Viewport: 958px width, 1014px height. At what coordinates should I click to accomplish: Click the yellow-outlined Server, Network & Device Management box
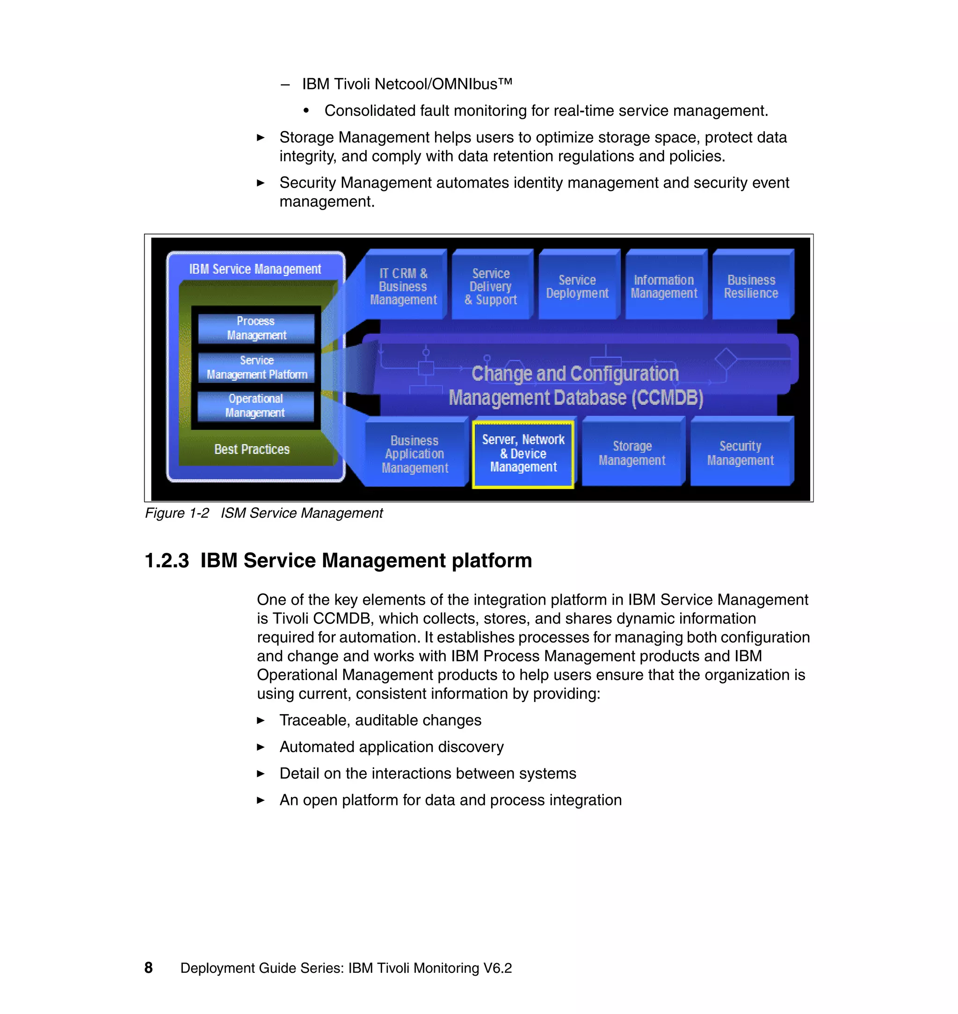(x=523, y=453)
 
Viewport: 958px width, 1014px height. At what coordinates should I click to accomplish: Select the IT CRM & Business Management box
(x=403, y=286)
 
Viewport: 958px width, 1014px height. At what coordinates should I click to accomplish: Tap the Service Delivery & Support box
(x=491, y=286)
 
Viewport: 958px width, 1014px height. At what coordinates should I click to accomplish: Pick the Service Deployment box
(x=577, y=286)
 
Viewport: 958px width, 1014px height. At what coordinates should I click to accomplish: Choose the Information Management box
(x=663, y=286)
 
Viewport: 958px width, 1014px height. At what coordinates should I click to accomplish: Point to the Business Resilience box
(x=751, y=286)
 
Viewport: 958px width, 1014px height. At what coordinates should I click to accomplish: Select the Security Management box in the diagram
(x=740, y=453)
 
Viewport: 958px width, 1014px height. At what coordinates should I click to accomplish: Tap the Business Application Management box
(x=414, y=454)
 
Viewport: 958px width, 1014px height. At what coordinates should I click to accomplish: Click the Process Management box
(x=256, y=328)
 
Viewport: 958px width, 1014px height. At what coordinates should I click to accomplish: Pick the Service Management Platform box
(x=256, y=368)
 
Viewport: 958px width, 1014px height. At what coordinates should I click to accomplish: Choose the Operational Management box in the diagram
(x=255, y=406)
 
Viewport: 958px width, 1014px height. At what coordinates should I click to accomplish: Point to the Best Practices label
(x=252, y=449)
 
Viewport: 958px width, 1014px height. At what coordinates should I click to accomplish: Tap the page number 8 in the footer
(x=149, y=968)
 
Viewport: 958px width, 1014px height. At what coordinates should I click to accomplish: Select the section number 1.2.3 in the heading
(x=167, y=561)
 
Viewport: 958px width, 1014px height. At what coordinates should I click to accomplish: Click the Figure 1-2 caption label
(x=177, y=513)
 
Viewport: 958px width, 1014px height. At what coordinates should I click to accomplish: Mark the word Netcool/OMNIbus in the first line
(x=435, y=84)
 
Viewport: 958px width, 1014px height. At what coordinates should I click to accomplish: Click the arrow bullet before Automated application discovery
(x=261, y=747)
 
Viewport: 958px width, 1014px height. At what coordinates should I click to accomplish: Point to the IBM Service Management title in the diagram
(x=255, y=269)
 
